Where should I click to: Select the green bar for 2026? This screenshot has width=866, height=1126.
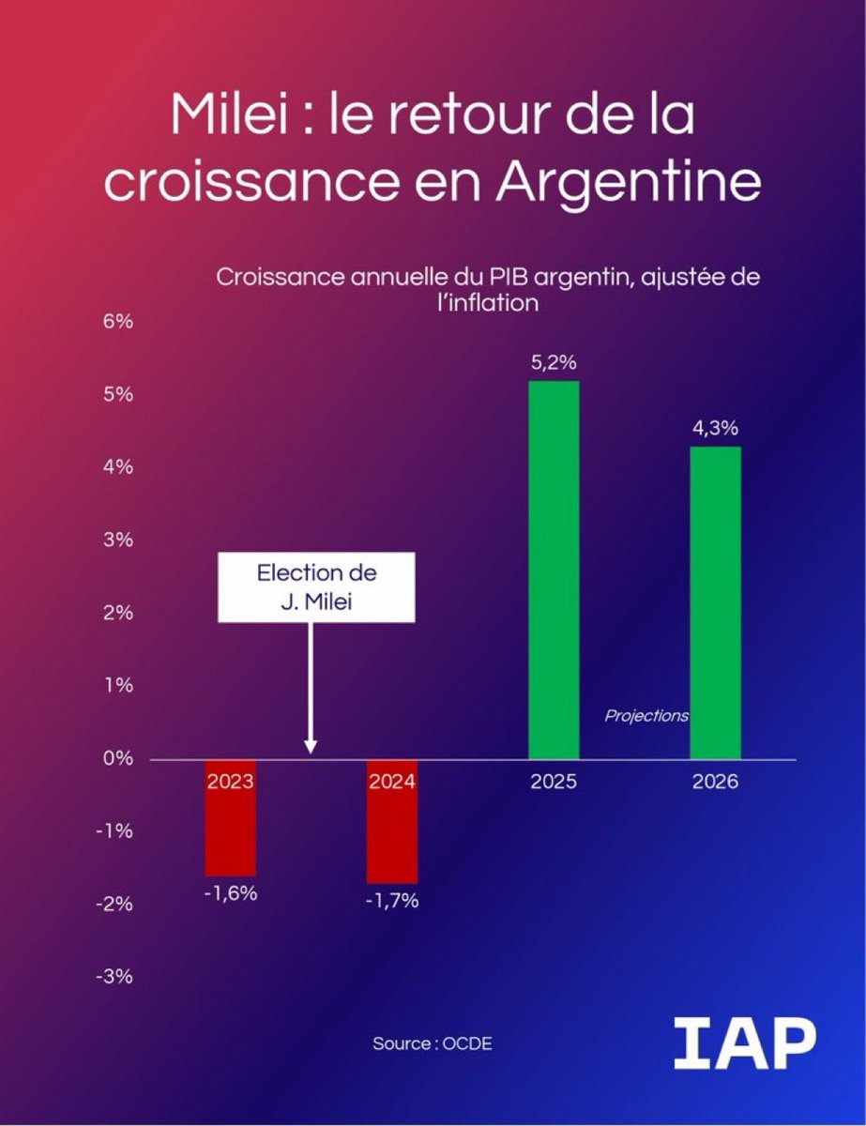[x=715, y=601]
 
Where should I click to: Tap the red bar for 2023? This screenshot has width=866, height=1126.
[x=231, y=826]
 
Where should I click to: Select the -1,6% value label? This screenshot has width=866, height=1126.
[x=231, y=893]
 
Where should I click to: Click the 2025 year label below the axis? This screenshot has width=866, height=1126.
[x=554, y=782]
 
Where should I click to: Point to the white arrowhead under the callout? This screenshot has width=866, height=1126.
[x=311, y=747]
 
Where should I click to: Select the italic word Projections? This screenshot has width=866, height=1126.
[x=646, y=716]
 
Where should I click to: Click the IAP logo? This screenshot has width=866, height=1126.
[x=745, y=1045]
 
